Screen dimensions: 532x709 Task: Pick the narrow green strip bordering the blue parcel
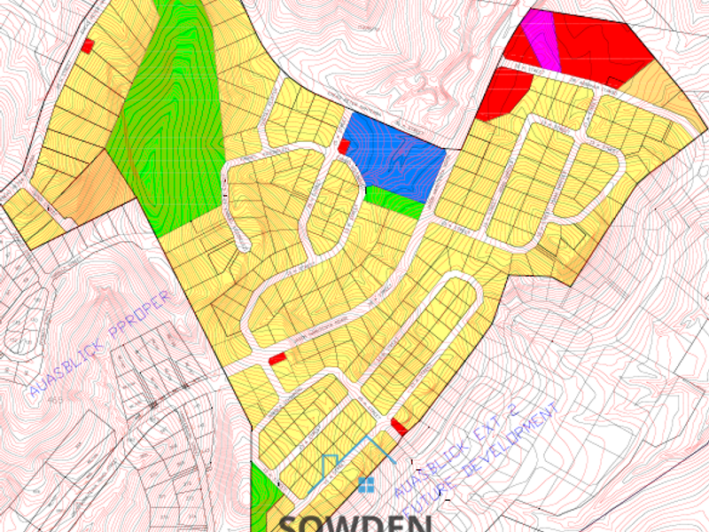393,200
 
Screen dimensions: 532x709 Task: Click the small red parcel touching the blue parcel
344,146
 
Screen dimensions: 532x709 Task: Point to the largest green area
168,115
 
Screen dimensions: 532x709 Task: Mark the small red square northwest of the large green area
88,45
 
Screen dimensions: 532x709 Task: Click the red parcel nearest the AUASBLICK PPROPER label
277,357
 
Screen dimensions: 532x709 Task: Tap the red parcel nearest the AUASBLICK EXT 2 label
399,426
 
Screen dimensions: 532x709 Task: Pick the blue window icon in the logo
366,484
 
